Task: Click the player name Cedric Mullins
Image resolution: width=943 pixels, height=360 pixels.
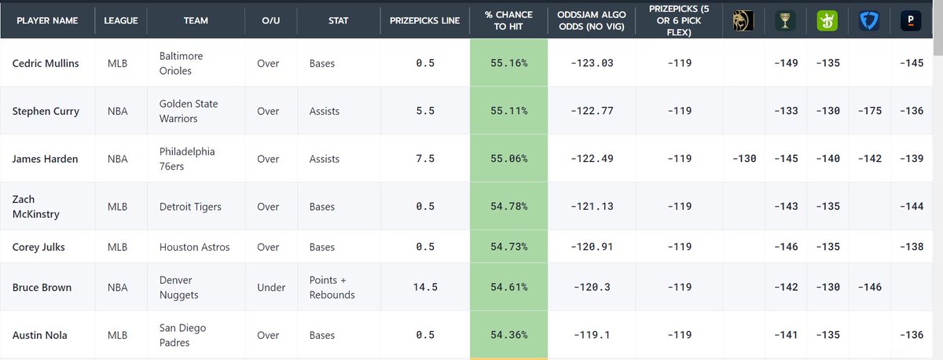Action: (x=46, y=63)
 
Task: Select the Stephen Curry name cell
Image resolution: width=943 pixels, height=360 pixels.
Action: (x=46, y=111)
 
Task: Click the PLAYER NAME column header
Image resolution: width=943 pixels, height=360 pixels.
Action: (x=46, y=20)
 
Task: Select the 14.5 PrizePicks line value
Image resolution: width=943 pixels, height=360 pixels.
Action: (x=424, y=287)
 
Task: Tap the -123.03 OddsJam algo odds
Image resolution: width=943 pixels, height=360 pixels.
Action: (x=591, y=63)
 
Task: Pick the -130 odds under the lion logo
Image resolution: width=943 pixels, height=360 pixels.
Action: (x=743, y=159)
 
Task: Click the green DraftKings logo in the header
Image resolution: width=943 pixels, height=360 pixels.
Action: (x=826, y=20)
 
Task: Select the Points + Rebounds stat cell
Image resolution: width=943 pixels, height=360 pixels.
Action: (x=332, y=287)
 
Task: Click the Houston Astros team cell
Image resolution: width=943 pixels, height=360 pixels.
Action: (x=194, y=247)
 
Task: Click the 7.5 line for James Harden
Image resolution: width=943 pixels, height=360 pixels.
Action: (x=424, y=159)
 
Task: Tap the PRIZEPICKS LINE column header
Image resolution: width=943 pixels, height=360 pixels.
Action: (x=424, y=20)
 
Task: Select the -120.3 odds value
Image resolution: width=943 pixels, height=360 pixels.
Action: (x=591, y=287)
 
